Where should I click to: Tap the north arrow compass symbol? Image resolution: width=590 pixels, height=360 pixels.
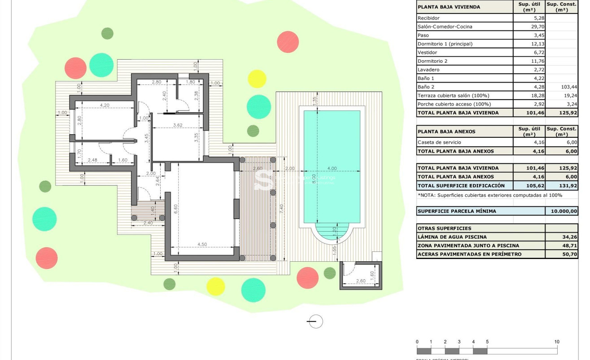tap(316, 321)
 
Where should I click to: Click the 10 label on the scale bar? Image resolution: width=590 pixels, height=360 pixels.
tap(556, 342)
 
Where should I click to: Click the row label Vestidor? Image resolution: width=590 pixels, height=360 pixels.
tap(427, 53)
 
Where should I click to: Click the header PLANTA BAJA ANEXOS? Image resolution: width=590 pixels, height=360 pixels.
tap(446, 132)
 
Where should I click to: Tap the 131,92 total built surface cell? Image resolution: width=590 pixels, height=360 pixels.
tap(568, 186)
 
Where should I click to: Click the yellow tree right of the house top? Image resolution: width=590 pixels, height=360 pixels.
tap(257, 79)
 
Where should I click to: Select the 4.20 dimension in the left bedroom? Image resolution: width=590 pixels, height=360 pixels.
tap(104, 105)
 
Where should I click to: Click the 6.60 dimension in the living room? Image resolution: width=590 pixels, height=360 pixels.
tap(176, 209)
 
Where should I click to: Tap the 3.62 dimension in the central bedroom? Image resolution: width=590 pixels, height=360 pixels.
tap(177, 125)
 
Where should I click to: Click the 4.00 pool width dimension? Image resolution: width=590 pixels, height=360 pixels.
tap(332, 168)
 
